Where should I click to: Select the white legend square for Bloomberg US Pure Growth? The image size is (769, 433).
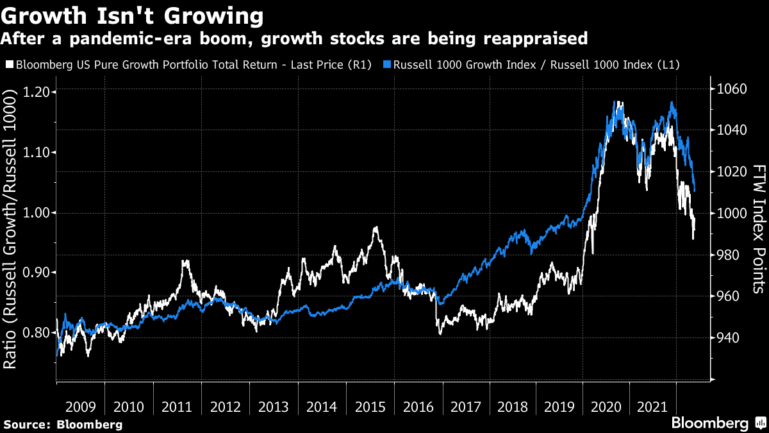[9, 65]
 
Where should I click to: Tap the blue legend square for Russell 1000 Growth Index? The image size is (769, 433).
[387, 65]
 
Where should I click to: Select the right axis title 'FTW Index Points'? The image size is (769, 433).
[759, 228]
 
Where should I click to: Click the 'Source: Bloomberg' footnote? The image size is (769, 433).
[62, 424]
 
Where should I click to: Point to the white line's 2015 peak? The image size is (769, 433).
[376, 227]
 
